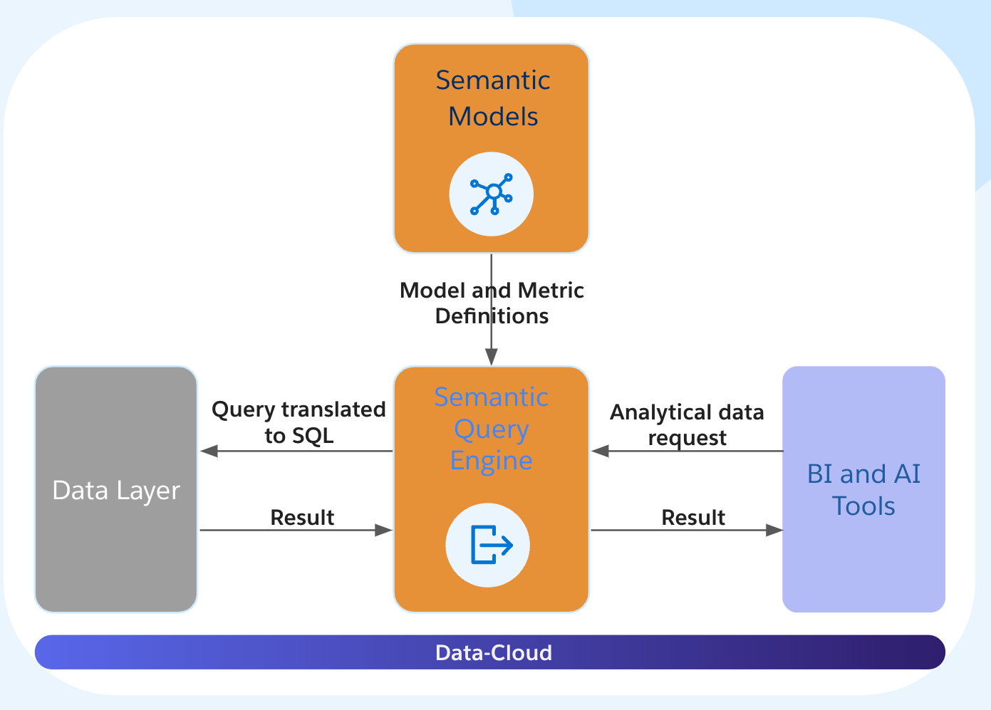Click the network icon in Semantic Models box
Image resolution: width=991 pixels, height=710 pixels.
[x=492, y=194]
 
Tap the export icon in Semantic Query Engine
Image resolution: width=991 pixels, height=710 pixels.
[x=489, y=545]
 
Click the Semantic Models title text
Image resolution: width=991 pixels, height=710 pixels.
[x=492, y=98]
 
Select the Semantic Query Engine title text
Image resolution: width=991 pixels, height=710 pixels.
[x=491, y=429]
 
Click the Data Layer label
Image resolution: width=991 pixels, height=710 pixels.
[x=116, y=491]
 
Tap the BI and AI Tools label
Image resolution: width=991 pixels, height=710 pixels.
[x=863, y=490]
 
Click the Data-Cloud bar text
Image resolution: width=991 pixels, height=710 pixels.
[x=493, y=652]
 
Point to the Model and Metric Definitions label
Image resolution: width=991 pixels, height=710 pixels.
[x=492, y=303]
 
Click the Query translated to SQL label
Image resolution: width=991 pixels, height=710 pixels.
[x=299, y=422]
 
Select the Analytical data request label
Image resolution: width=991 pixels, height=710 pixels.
[x=687, y=424]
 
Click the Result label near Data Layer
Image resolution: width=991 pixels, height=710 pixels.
[x=302, y=517]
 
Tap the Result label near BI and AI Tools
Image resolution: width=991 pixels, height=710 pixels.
[x=693, y=517]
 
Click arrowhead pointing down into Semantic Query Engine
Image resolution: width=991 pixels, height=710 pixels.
[x=492, y=357]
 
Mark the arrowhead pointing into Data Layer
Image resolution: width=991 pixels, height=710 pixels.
[x=209, y=451]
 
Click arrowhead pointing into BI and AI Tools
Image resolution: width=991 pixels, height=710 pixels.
[x=774, y=530]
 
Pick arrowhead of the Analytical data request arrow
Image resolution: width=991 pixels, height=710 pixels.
[x=600, y=451]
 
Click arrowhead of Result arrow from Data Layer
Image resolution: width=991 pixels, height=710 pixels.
[x=383, y=530]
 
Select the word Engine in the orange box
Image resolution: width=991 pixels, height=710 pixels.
[x=491, y=461]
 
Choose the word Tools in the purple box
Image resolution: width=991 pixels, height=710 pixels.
[x=863, y=506]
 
